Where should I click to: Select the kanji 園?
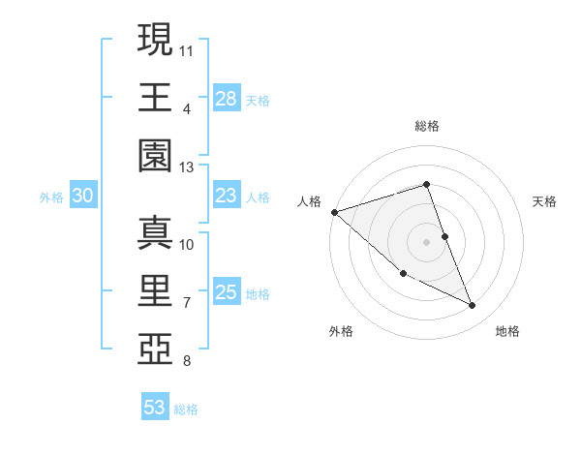(155, 155)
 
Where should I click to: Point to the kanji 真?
(155, 232)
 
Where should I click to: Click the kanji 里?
(155, 291)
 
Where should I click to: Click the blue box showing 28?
(227, 99)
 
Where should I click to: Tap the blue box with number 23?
(227, 196)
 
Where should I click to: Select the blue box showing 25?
(227, 292)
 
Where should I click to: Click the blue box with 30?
(83, 197)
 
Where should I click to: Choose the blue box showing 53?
(155, 408)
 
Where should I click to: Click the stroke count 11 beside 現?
(187, 48)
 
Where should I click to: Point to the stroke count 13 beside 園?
(187, 167)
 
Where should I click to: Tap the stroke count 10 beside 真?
(187, 244)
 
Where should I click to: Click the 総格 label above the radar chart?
(426, 126)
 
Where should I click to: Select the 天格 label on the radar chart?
(544, 201)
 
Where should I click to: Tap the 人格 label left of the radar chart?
(309, 201)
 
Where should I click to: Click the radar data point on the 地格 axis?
(473, 306)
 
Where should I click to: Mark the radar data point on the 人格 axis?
(334, 212)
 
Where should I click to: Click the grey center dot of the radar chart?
(426, 241)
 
